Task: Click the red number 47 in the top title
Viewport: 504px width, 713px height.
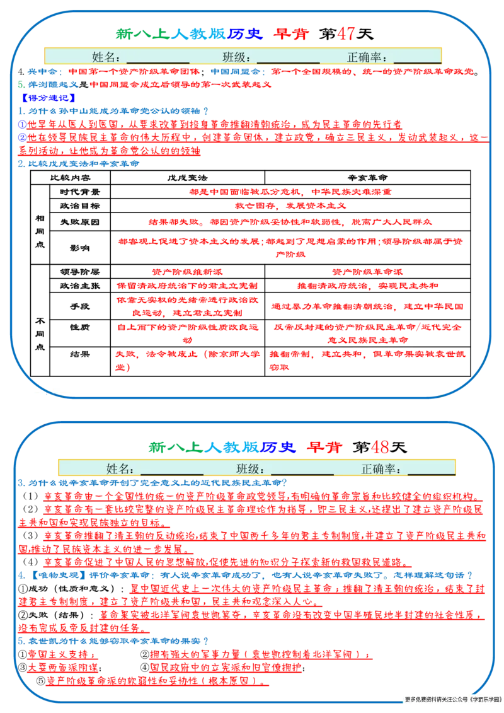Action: coord(346,33)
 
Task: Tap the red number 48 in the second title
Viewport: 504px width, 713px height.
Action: coord(380,447)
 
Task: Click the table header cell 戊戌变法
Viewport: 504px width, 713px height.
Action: coord(187,178)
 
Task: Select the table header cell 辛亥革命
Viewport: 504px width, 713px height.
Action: coord(367,178)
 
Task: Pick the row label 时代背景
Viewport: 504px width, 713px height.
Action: coord(80,192)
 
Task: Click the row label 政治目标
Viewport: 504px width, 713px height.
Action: coord(80,206)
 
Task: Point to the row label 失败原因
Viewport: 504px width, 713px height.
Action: coord(80,222)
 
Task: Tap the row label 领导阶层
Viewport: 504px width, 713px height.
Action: coord(80,272)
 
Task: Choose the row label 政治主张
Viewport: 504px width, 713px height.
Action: coord(80,286)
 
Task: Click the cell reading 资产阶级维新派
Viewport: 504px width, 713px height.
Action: coord(187,272)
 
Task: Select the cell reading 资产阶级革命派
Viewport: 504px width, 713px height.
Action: coord(367,272)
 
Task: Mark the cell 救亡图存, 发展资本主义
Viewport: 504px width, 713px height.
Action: coord(290,206)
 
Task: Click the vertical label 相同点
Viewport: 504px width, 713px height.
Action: coord(40,231)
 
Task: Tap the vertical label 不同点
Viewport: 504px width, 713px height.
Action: coord(40,333)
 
